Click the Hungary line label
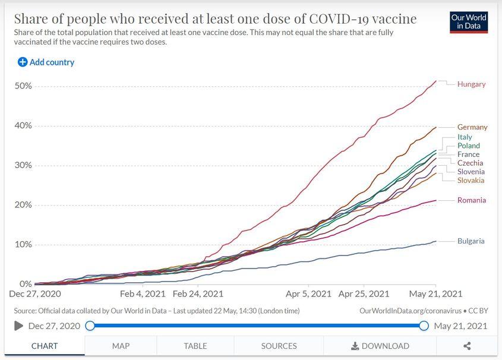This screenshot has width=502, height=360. (471, 84)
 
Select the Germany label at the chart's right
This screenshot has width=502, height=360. (472, 127)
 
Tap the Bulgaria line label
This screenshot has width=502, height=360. (471, 241)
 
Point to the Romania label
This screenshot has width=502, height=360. (471, 200)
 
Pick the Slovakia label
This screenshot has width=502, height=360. (471, 181)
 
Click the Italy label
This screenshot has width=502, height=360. (465, 137)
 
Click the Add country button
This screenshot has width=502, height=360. (46, 62)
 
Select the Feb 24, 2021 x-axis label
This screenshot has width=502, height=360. (198, 293)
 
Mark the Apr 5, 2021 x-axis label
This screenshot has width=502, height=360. (308, 293)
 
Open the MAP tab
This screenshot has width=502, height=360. (121, 346)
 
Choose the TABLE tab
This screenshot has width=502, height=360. (195, 346)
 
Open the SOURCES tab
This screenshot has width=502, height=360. (279, 346)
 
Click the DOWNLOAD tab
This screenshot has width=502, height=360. (380, 346)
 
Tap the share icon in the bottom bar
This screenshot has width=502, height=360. (467, 346)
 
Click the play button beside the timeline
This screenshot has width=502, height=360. (18, 326)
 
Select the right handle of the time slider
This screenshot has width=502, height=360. (424, 326)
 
